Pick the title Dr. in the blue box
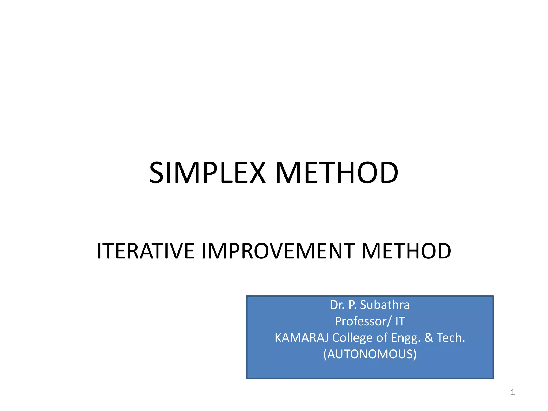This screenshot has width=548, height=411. (x=337, y=305)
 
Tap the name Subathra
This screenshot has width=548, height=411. (x=385, y=305)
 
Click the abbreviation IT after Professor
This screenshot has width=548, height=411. (x=400, y=321)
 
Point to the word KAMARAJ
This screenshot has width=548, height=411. (x=302, y=338)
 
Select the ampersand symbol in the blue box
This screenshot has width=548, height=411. (x=429, y=338)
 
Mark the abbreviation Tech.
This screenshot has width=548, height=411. (x=451, y=338)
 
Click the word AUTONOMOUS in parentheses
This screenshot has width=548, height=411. (x=370, y=354)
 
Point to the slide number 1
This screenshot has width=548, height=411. (x=513, y=392)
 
